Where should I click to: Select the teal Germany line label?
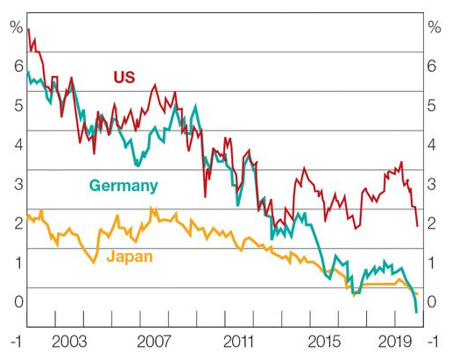pos(123,186)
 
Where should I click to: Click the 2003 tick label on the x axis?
pos(69,341)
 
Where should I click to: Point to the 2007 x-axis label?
pos(153,341)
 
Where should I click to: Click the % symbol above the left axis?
pos(15,26)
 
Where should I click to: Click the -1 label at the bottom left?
pos(15,341)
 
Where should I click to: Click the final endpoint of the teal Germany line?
pos(415,312)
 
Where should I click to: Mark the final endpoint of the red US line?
pos(417,226)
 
